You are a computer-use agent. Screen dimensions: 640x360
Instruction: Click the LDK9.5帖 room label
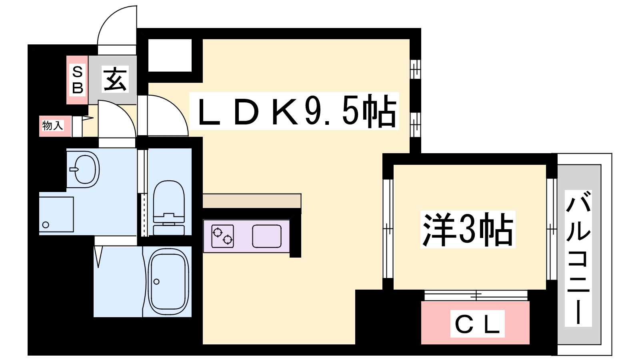tap(294, 111)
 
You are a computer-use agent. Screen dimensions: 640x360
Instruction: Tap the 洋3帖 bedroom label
tap(468, 229)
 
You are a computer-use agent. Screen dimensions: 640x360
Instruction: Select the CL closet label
tap(478, 324)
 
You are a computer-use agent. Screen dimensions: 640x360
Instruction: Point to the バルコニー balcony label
tap(578, 258)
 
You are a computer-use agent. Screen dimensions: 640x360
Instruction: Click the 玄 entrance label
tap(115, 79)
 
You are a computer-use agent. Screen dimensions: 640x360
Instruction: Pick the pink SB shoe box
tap(77, 80)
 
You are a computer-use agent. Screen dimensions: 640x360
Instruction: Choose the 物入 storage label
tap(53, 126)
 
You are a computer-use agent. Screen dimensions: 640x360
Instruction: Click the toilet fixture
tap(168, 208)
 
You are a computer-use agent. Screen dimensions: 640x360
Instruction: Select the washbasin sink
tap(85, 169)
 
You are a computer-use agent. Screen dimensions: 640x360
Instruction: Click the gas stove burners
tap(222, 236)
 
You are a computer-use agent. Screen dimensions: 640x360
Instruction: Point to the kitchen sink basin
tap(267, 236)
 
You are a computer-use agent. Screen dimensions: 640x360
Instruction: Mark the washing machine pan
tap(56, 214)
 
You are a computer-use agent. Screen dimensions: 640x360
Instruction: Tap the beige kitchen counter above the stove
tap(252, 201)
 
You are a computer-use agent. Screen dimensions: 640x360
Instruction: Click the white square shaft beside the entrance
tap(170, 56)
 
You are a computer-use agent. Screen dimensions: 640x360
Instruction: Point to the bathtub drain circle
tap(156, 282)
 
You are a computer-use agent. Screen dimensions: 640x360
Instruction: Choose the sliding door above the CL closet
tap(476, 296)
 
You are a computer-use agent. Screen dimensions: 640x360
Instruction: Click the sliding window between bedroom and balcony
tap(552, 229)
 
